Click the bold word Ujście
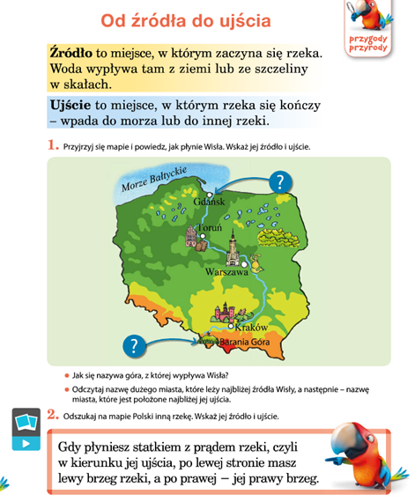72,104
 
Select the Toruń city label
210,228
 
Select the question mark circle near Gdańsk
279,182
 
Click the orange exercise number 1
53,144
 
